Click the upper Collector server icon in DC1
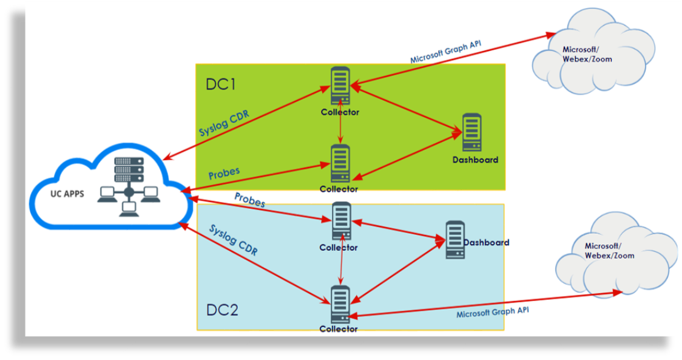(x=340, y=87)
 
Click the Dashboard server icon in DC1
(x=471, y=132)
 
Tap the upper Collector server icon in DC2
(x=340, y=221)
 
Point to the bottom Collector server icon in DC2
(x=340, y=305)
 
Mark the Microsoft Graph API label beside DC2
(x=492, y=312)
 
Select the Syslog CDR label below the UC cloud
(x=233, y=240)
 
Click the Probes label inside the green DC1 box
(x=224, y=173)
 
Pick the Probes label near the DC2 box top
(x=249, y=200)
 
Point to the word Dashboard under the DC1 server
(x=475, y=160)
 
